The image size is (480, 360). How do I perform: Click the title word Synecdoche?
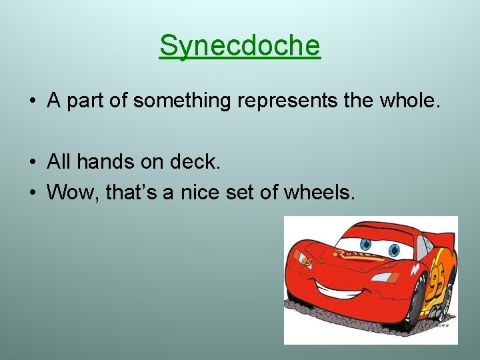[x=240, y=45]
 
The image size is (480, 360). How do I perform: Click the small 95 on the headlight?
[x=306, y=262]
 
